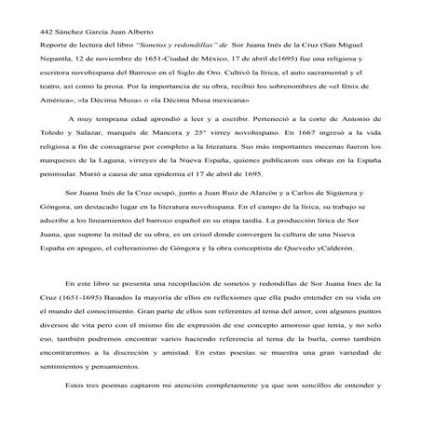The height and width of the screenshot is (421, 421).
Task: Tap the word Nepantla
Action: pos(54,61)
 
